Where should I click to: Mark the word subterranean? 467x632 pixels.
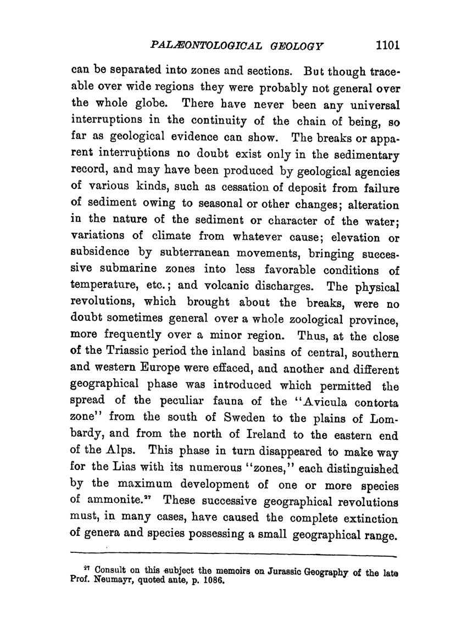pos(209,254)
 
